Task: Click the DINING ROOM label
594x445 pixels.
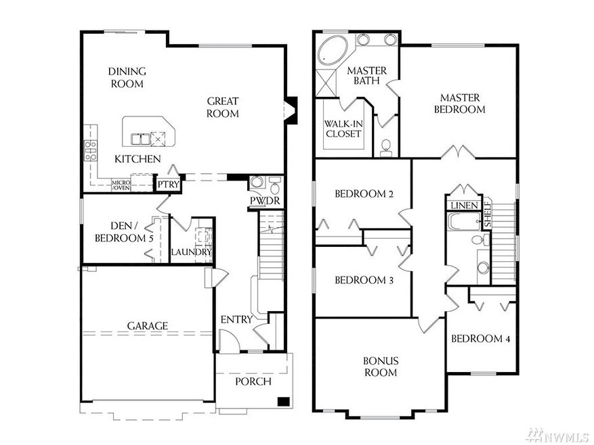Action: pyautogui.click(x=127, y=78)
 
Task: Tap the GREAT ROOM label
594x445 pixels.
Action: pyautogui.click(x=223, y=108)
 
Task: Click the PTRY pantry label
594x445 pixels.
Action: pyautogui.click(x=166, y=183)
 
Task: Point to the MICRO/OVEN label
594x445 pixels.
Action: pyautogui.click(x=121, y=184)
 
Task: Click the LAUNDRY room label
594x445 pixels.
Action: pyautogui.click(x=192, y=252)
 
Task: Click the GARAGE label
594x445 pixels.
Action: pyautogui.click(x=147, y=325)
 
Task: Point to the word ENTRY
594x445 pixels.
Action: pyautogui.click(x=236, y=319)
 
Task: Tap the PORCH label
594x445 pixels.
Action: pyautogui.click(x=253, y=381)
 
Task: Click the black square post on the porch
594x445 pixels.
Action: pyautogui.click(x=284, y=402)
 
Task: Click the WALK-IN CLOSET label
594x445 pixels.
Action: pyautogui.click(x=343, y=129)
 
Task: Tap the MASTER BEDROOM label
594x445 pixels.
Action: pyautogui.click(x=459, y=103)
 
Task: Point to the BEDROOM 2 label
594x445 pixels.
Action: pyautogui.click(x=364, y=194)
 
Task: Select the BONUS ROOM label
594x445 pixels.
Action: pyautogui.click(x=381, y=367)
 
